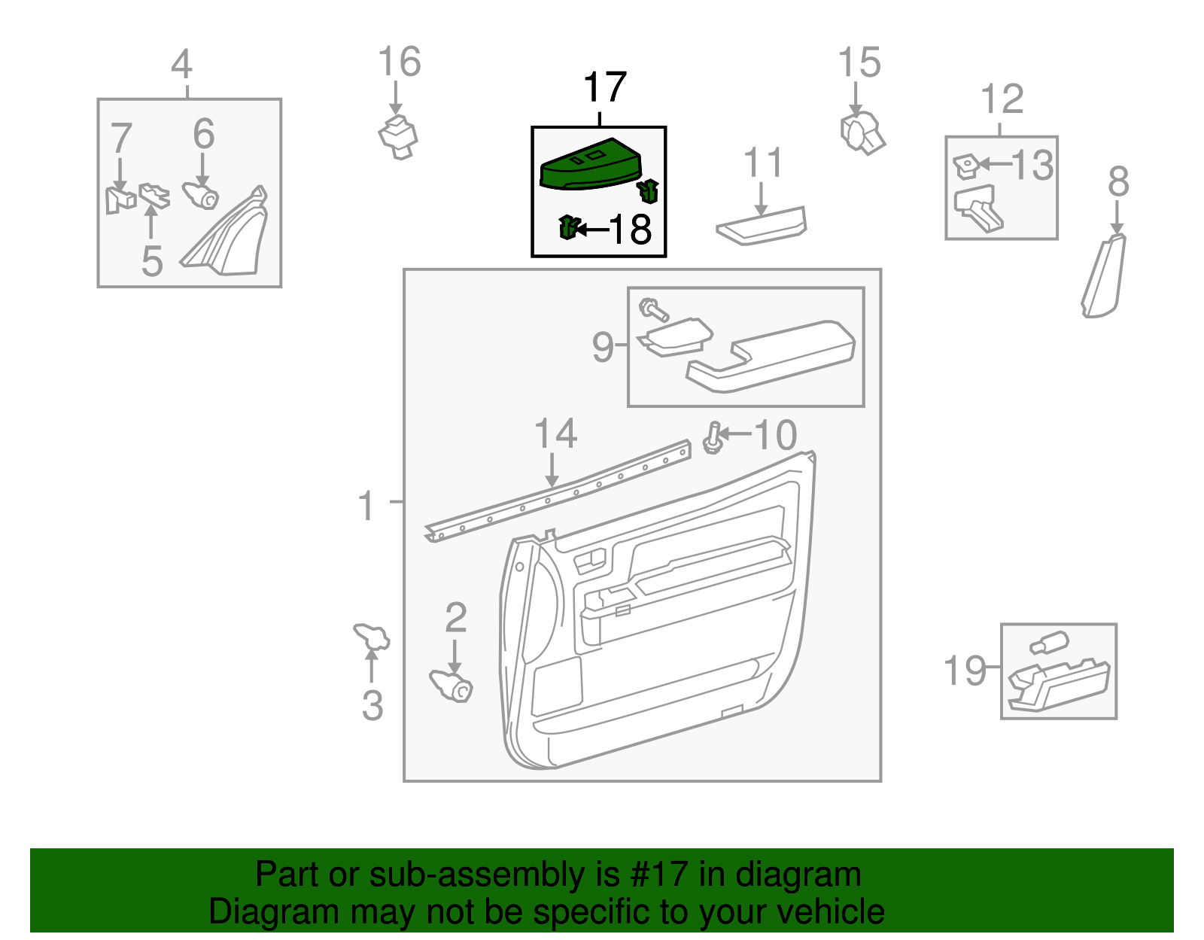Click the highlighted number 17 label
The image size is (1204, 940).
tap(604, 88)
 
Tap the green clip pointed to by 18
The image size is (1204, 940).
tap(569, 227)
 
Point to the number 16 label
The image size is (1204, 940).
tap(399, 62)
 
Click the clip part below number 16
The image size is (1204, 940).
tap(398, 137)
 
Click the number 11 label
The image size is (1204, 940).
tap(763, 163)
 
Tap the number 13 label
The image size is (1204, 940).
tap(1032, 166)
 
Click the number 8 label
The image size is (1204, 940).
tap(1118, 182)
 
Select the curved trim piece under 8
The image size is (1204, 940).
tap(1104, 277)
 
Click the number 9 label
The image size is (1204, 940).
tap(604, 347)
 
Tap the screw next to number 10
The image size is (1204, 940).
tap(713, 439)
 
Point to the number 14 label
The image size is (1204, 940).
tap(555, 434)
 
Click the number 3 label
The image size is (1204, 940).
tap(372, 706)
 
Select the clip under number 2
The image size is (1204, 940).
tap(451, 685)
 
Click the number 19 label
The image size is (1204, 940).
tap(965, 670)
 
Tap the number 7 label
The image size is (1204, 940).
tap(121, 138)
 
